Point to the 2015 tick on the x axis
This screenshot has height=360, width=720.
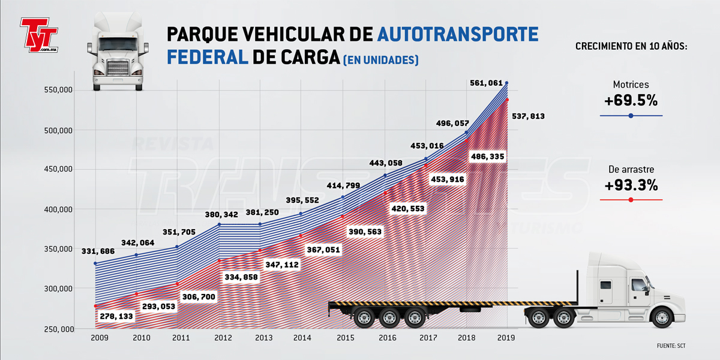click(x=344, y=338)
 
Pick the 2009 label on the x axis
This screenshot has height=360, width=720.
click(x=100, y=338)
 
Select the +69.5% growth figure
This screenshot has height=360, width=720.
click(x=631, y=100)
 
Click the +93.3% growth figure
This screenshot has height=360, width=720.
click(x=631, y=185)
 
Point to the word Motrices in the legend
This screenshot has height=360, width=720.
click(x=631, y=85)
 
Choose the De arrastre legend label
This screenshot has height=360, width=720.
click(x=631, y=169)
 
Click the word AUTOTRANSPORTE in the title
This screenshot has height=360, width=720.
click(x=458, y=34)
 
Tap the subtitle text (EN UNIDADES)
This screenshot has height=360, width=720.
click(x=380, y=60)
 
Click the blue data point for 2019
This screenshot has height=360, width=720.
click(x=507, y=83)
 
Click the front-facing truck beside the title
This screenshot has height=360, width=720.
click(x=118, y=53)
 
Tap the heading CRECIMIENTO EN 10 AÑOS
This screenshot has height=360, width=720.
click(x=631, y=46)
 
